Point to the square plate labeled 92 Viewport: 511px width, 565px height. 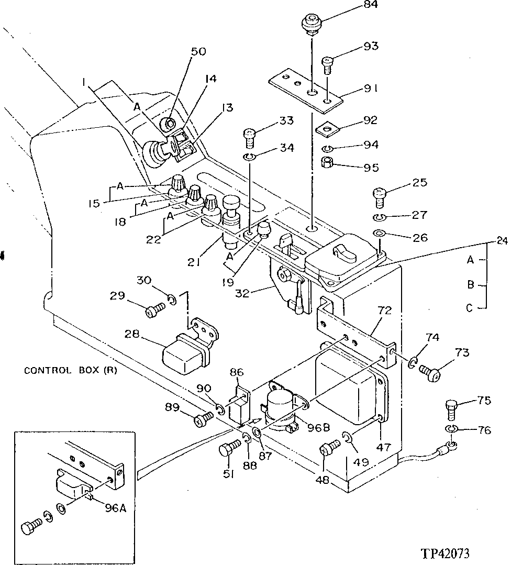pos(328,127)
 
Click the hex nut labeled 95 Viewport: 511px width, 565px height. pos(329,162)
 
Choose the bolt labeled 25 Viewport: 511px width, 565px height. pos(381,198)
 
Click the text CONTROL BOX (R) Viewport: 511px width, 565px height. pos(71,371)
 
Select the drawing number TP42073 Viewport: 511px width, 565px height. pos(444,553)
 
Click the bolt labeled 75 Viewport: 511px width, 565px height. pos(451,408)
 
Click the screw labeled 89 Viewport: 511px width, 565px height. pos(203,419)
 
